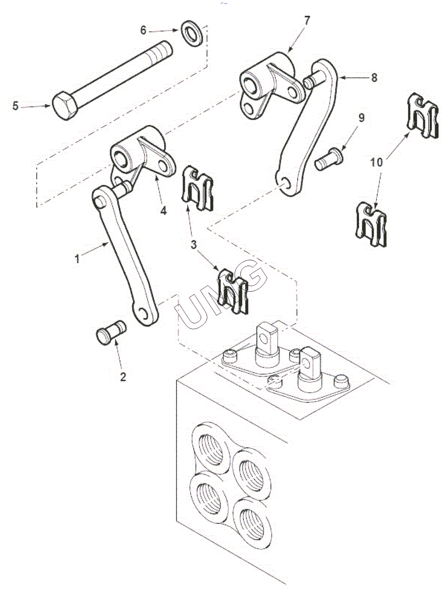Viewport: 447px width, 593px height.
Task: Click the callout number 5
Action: [15, 106]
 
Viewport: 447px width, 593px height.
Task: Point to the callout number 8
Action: [374, 78]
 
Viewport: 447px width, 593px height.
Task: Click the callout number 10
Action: [377, 162]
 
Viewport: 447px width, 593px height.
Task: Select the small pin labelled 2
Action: [111, 332]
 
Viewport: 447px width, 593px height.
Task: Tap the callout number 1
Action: [77, 259]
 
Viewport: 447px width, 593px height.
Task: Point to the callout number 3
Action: [194, 245]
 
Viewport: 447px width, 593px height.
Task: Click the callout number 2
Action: [123, 376]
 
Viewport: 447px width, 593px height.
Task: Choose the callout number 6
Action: [143, 30]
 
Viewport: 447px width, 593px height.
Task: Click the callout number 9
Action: [361, 117]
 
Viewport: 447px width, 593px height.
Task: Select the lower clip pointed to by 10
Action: [371, 225]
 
